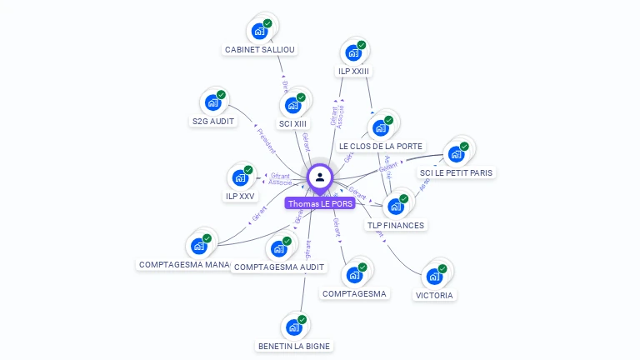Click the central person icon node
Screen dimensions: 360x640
(320, 177)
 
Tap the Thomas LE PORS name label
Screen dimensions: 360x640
(320, 203)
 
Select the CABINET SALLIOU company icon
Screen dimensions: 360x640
(261, 32)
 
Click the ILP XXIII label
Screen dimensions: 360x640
(353, 72)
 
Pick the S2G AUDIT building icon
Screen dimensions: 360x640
(214, 103)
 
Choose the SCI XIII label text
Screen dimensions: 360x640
(292, 123)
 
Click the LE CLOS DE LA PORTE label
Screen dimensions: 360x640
(381, 146)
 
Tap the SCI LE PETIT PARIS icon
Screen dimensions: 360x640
(456, 154)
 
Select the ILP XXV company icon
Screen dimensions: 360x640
(241, 177)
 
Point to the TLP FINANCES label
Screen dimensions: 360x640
(396, 225)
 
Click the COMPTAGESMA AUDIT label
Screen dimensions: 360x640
(279, 267)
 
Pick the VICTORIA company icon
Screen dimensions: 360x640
(434, 277)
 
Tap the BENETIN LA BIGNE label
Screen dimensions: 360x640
(293, 346)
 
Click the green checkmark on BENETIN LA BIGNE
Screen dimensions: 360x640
(302, 319)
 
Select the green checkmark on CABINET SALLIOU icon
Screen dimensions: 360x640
(267, 23)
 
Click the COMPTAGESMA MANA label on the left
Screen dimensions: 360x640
(184, 264)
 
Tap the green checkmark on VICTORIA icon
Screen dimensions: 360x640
(442, 268)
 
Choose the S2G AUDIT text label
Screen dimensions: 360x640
(213, 122)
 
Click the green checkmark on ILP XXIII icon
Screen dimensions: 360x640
(362, 45)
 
